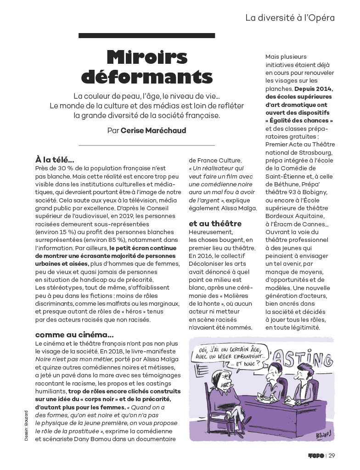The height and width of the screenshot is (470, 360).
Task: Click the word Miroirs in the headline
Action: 147,57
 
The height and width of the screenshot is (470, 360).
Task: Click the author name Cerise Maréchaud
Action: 153,131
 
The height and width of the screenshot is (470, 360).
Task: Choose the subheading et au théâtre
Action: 215,224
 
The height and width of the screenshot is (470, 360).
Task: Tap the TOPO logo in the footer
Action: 316,456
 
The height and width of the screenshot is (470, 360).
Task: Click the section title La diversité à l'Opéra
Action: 290,18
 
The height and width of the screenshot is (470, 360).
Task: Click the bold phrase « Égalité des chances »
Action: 299,121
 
